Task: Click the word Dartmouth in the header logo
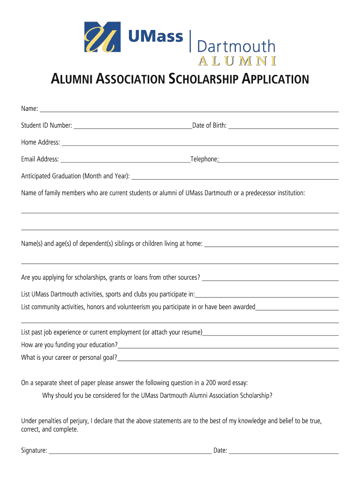(236, 46)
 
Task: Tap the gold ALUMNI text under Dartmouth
(237, 61)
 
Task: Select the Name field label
(29, 109)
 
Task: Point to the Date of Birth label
(209, 125)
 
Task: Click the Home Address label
(40, 142)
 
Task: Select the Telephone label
(204, 159)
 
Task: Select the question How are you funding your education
(69, 345)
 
